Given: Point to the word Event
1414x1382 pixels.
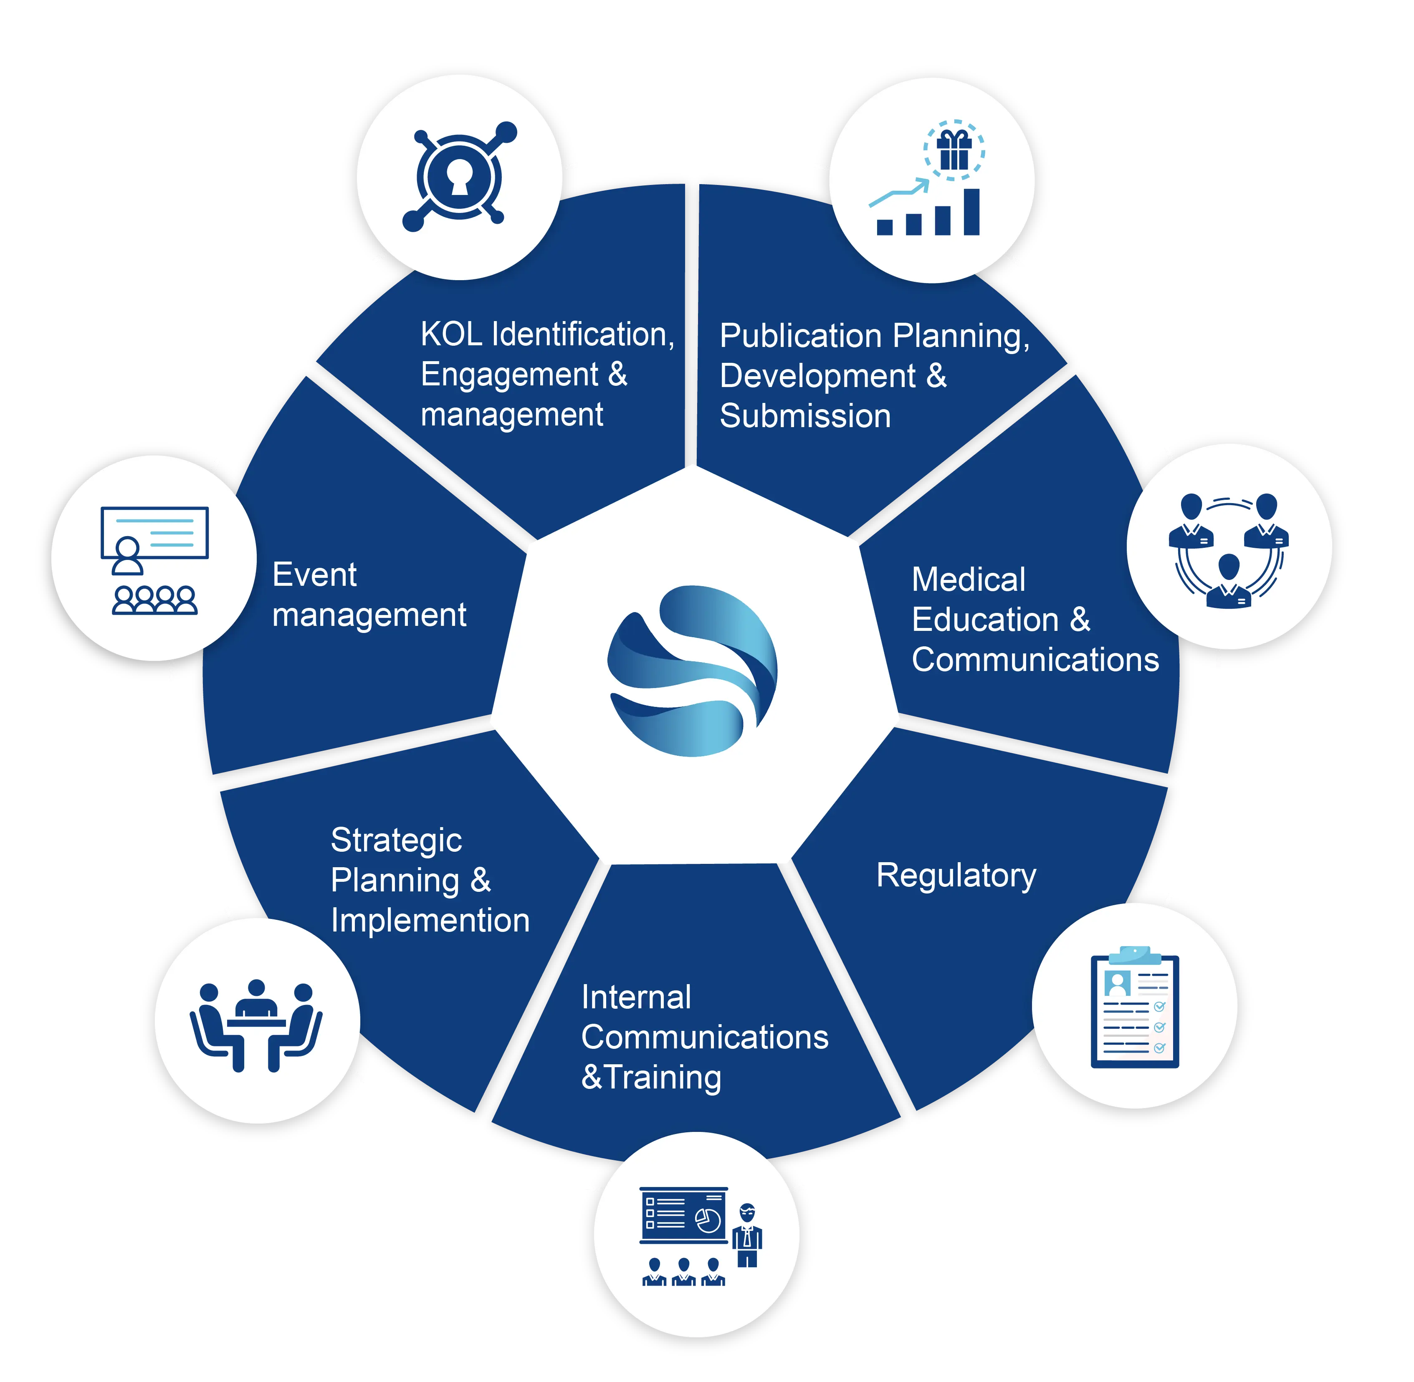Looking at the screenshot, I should point(314,575).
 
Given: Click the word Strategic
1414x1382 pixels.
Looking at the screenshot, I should point(396,840).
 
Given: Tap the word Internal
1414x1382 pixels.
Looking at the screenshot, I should point(636,997).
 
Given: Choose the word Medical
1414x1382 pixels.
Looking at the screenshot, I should point(968,580).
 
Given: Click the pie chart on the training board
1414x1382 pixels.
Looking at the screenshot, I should point(708,1220).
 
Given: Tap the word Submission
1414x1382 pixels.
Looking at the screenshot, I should point(805,417).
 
